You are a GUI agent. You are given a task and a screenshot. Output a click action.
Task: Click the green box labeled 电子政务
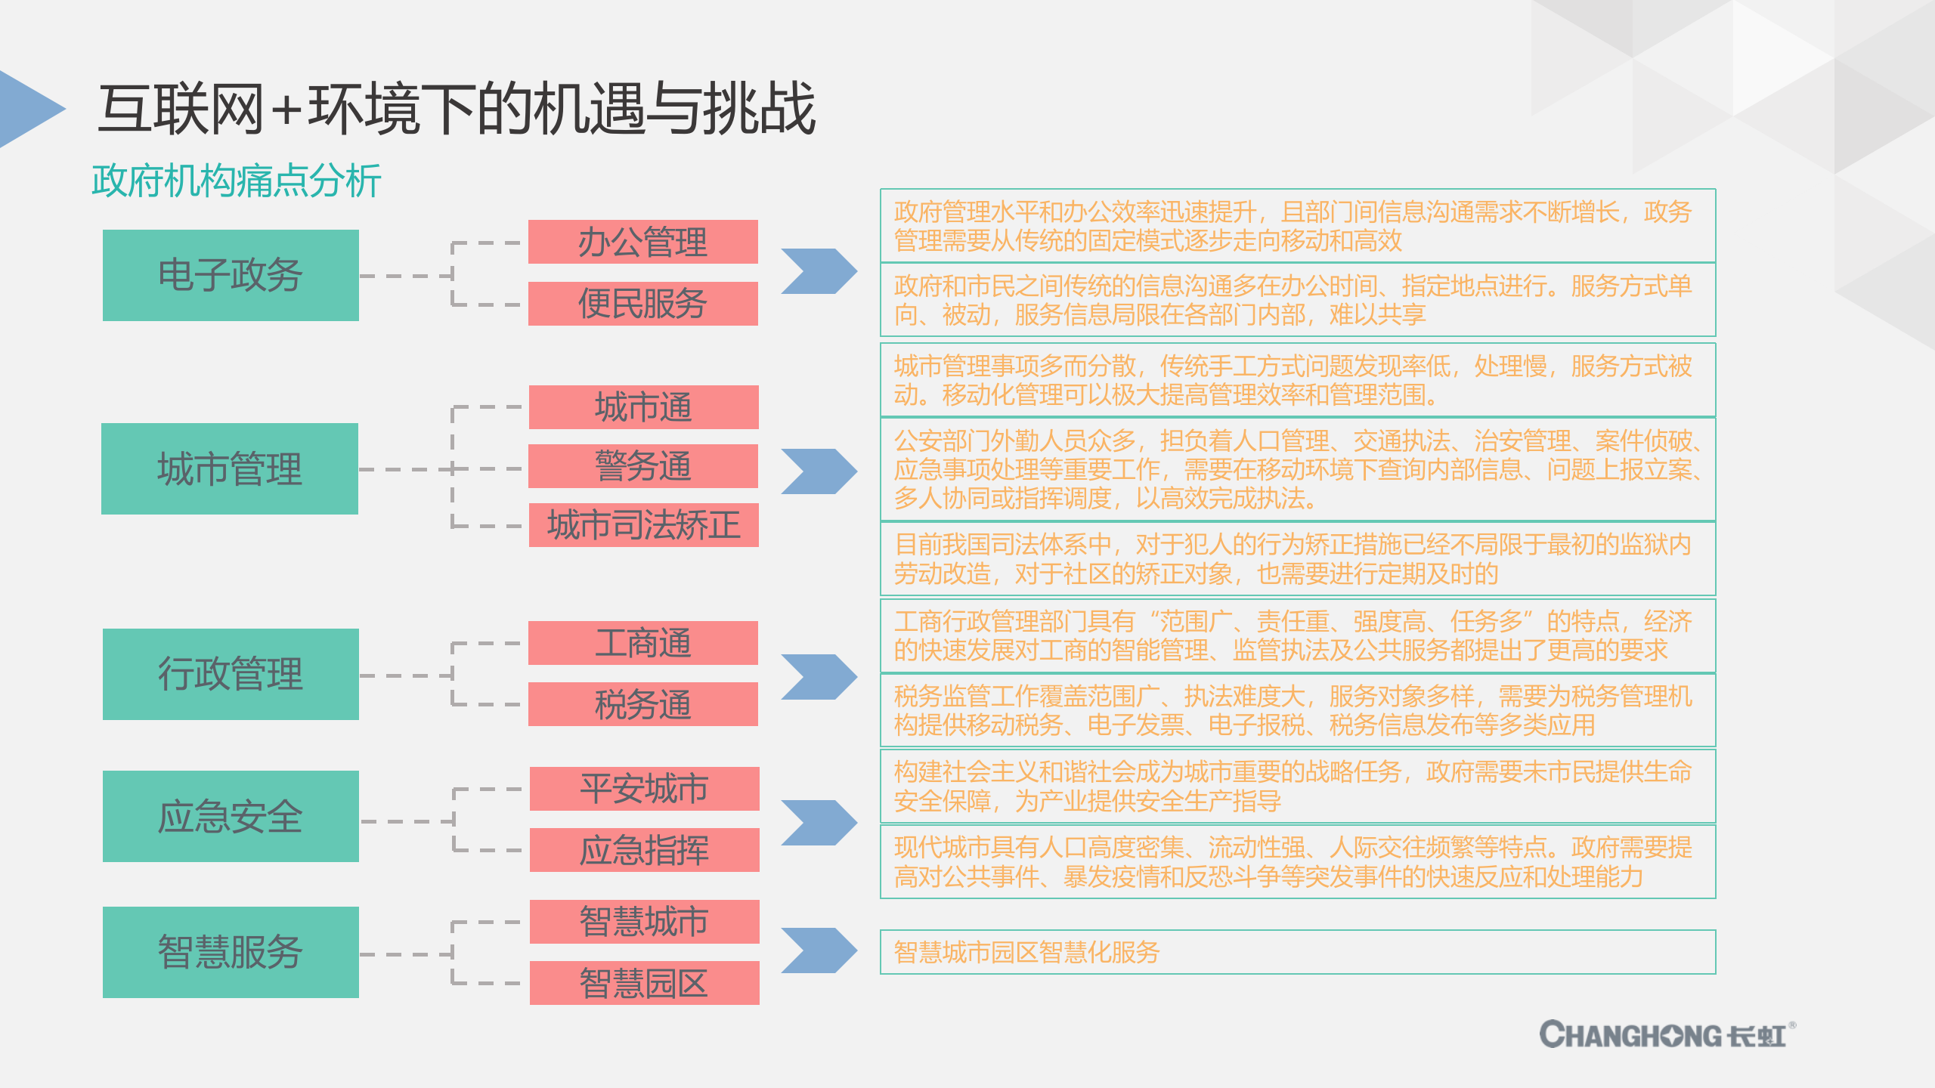[x=231, y=275]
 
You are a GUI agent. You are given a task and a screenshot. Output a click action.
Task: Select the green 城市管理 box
[x=230, y=468]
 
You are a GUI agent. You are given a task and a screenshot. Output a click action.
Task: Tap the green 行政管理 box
[x=231, y=674]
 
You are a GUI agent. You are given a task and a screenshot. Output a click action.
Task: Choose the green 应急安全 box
[x=231, y=816]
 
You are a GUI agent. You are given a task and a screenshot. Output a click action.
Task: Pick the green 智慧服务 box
[x=231, y=952]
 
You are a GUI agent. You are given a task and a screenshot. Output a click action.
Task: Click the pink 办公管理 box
[x=642, y=242]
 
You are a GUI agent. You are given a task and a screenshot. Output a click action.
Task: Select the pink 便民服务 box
[x=642, y=304]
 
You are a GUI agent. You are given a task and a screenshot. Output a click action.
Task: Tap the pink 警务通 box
[x=643, y=466]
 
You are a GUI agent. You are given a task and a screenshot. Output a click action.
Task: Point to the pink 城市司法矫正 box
[x=643, y=525]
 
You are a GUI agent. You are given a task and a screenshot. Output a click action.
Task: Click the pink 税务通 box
[x=642, y=704]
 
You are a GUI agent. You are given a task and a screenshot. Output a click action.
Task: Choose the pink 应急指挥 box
[x=644, y=850]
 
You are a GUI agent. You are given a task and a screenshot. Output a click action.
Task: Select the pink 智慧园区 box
[x=644, y=983]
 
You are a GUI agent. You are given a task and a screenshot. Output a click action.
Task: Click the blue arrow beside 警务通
[x=819, y=471]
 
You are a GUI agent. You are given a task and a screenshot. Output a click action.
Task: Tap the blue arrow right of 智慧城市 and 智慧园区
[x=819, y=950]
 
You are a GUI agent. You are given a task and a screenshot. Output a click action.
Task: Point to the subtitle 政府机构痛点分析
[x=236, y=181]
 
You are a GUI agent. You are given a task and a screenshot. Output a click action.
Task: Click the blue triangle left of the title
[x=29, y=109]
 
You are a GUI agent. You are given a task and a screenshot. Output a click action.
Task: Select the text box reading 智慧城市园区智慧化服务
[x=1297, y=952]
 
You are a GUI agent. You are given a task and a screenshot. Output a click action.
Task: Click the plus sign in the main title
[x=286, y=110]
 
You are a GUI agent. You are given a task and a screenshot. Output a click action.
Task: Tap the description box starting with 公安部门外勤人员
[x=1297, y=469]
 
